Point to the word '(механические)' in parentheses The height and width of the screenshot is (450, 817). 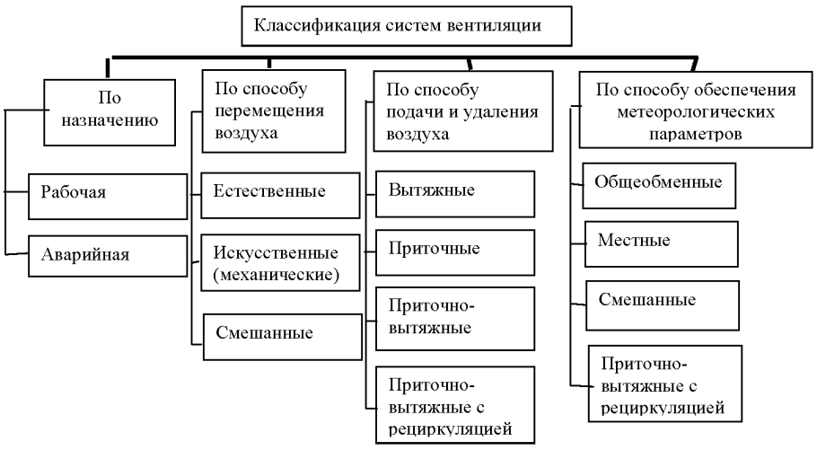point(276,275)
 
